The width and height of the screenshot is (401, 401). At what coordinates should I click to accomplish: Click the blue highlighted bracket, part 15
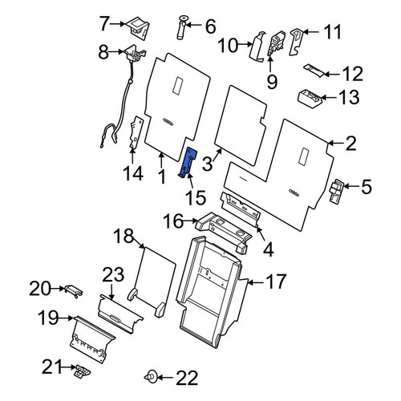[x=188, y=162]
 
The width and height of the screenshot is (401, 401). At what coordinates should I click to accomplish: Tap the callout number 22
[x=187, y=378]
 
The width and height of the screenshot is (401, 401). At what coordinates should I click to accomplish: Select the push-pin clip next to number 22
[x=151, y=376]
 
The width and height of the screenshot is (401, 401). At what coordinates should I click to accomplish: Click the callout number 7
[x=104, y=23]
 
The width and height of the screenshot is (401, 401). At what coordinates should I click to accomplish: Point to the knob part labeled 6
[x=182, y=28]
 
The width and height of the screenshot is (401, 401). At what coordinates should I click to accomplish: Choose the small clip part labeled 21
[x=83, y=371]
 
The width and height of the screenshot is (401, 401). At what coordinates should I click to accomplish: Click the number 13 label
[x=348, y=97]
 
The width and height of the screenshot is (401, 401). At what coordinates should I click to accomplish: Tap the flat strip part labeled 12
[x=314, y=71]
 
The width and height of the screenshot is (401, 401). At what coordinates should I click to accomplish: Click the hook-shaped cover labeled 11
[x=296, y=42]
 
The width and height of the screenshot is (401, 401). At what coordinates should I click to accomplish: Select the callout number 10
[x=228, y=46]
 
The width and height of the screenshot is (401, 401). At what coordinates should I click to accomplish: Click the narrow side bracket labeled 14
[x=136, y=132]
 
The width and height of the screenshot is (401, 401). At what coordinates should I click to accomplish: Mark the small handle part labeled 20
[x=73, y=290]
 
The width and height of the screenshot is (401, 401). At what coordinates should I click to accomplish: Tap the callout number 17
[x=277, y=282]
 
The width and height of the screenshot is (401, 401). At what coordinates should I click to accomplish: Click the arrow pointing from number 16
[x=190, y=221]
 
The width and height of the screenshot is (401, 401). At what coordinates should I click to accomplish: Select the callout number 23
[x=113, y=274]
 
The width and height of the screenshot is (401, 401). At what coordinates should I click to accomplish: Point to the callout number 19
[x=48, y=318]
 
